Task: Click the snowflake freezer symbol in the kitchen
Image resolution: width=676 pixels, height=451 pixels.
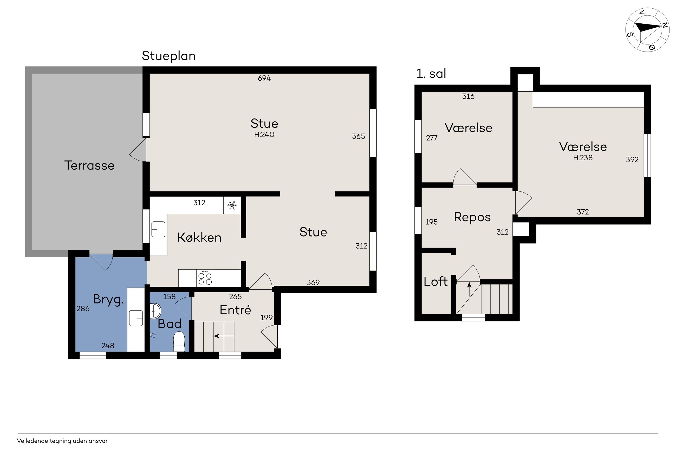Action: coord(232,205)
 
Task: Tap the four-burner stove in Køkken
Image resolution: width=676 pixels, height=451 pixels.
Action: coord(205,278)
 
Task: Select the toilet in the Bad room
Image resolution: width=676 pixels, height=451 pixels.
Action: coord(179,341)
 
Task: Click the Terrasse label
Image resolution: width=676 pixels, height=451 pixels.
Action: coord(89,166)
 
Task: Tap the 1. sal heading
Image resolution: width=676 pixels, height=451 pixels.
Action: coord(431,74)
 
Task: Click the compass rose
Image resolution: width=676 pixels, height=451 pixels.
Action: coord(647,30)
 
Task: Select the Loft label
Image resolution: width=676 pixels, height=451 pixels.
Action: coord(435,282)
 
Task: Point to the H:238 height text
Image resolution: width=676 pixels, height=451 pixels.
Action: coord(583,158)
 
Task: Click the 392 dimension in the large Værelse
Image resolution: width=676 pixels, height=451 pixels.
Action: coord(632,160)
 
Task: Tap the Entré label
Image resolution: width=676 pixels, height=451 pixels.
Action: coord(235,310)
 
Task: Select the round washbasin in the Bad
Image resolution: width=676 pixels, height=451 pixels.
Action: coord(155,311)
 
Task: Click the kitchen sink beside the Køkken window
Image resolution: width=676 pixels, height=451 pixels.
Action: coord(158,229)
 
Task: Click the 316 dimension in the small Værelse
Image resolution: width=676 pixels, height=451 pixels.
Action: coord(468,96)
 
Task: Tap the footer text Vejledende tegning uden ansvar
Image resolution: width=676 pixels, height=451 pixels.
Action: coord(62,441)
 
